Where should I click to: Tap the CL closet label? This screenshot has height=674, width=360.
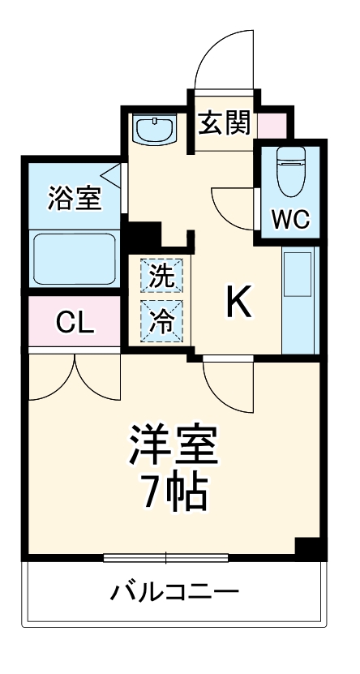(x=75, y=323)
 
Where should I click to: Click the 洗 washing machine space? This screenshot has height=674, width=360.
(x=163, y=275)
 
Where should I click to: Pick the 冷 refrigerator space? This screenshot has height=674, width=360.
(x=163, y=320)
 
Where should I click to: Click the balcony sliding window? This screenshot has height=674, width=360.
(x=166, y=557)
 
